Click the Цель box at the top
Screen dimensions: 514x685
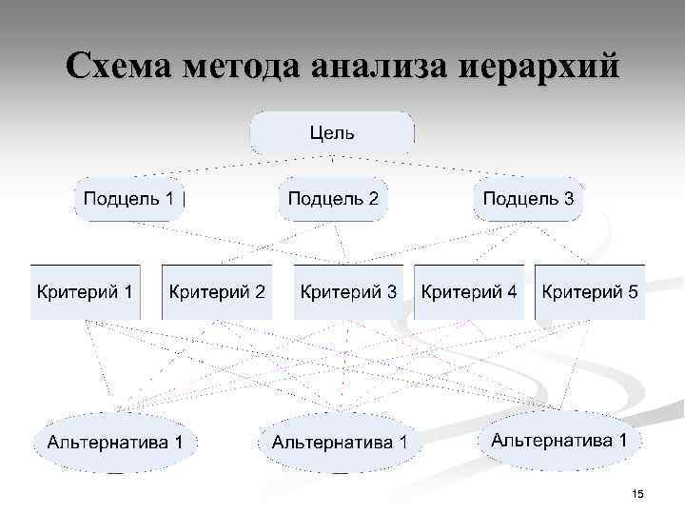[332, 133]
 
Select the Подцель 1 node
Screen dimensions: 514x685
[128, 199]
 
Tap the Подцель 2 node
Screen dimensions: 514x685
[333, 199]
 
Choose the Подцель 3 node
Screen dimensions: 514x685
[528, 199]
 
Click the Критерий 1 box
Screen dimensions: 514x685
[85, 291]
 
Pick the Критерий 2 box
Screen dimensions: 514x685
[217, 291]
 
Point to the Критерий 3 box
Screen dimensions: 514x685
[348, 291]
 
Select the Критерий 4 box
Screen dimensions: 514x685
[470, 291]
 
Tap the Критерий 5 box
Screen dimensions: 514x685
[590, 291]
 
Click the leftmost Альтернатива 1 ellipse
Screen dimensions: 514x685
[115, 442]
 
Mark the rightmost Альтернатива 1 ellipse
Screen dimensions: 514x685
[558, 440]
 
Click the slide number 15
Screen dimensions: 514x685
[637, 493]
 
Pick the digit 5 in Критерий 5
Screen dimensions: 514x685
[633, 291]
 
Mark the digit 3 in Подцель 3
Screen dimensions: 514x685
[568, 199]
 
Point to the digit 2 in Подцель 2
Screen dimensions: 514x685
[373, 199]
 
